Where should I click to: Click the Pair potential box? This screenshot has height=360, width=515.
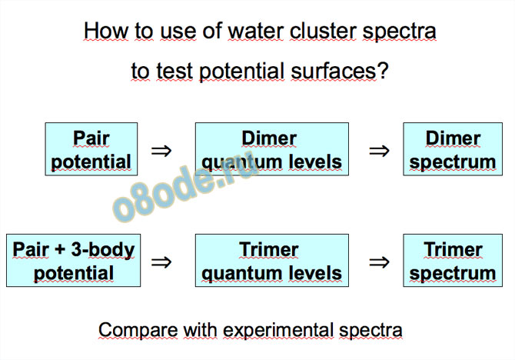[x=91, y=149]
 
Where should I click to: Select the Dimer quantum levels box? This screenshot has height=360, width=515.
[x=272, y=149]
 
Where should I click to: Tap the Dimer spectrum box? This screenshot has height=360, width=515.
[x=453, y=149]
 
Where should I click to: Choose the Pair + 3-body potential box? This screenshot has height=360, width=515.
[x=74, y=260]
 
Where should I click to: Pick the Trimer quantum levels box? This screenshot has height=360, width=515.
[x=272, y=260]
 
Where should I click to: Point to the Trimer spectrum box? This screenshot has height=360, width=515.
[x=453, y=260]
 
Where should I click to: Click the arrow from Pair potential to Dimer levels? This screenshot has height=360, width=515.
[x=161, y=151]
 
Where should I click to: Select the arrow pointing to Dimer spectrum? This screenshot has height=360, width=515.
[x=379, y=151]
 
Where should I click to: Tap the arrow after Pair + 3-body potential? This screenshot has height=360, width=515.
[x=161, y=262]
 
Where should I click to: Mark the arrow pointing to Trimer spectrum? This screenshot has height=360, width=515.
[x=379, y=262]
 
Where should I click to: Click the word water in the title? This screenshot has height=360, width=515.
[x=255, y=32]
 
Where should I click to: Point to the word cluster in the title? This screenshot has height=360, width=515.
[x=323, y=32]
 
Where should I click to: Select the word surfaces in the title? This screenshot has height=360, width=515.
[x=334, y=71]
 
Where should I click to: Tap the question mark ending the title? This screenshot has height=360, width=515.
[x=383, y=71]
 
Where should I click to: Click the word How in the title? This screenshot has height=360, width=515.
[x=106, y=32]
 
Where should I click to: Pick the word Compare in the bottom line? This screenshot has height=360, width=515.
[x=138, y=330]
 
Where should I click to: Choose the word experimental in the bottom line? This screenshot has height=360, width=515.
[x=277, y=330]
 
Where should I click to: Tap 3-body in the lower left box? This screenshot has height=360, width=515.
[x=103, y=250]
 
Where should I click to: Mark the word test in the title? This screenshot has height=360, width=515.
[x=174, y=71]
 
